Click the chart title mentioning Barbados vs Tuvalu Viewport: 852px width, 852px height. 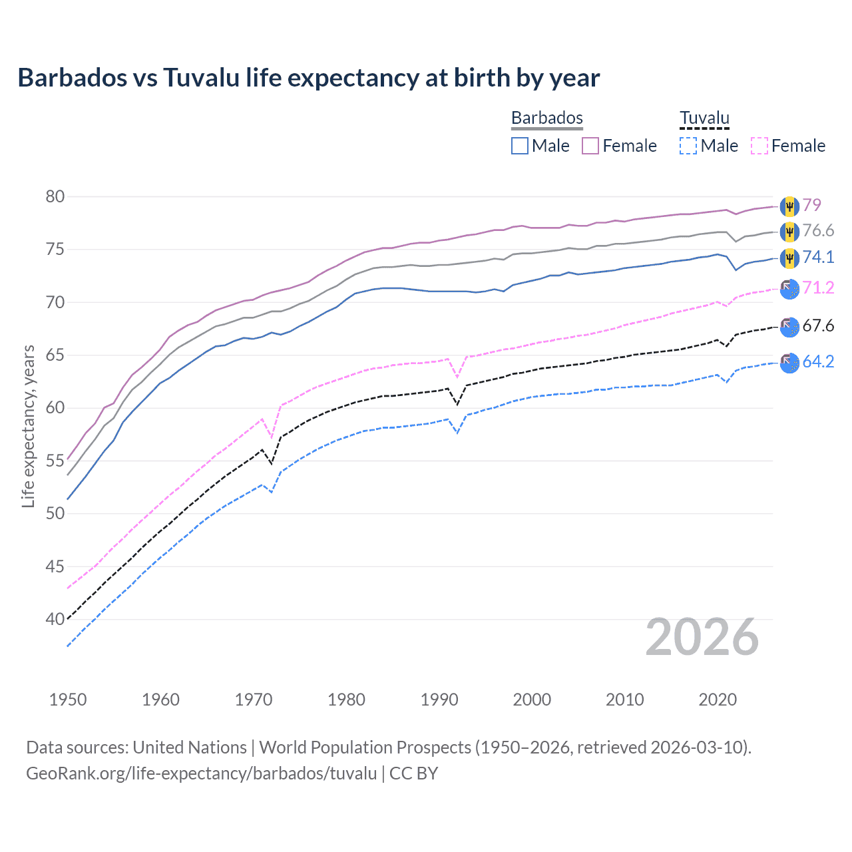309,78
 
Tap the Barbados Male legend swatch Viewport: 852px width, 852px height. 520,146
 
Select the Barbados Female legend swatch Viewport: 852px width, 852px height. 590,146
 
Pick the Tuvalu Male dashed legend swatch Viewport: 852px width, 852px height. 688,146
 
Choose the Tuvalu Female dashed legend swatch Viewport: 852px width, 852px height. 759,146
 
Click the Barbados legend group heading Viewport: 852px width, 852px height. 547,118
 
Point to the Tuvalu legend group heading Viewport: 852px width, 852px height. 704,118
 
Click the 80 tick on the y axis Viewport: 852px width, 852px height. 55,196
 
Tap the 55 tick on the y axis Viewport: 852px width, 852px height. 55,461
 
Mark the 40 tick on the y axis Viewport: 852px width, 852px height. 55,619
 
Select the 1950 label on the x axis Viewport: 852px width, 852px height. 68,700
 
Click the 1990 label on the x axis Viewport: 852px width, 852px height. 439,700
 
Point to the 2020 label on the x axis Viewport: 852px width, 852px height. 718,700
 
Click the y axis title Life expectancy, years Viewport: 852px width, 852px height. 28,426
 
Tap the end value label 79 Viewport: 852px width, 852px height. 811,205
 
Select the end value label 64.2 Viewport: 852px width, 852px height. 818,361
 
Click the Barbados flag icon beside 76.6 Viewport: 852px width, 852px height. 789,232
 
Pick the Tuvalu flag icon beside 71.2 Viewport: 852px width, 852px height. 789,288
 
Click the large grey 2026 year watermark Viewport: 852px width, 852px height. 702,637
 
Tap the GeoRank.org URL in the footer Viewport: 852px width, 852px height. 201,773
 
